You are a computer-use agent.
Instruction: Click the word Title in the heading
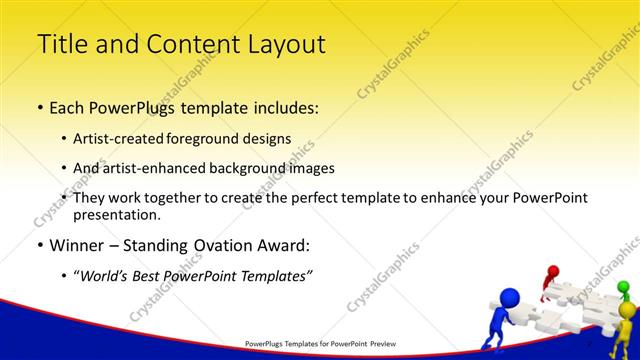(x=59, y=45)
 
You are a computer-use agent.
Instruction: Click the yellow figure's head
(x=627, y=310)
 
